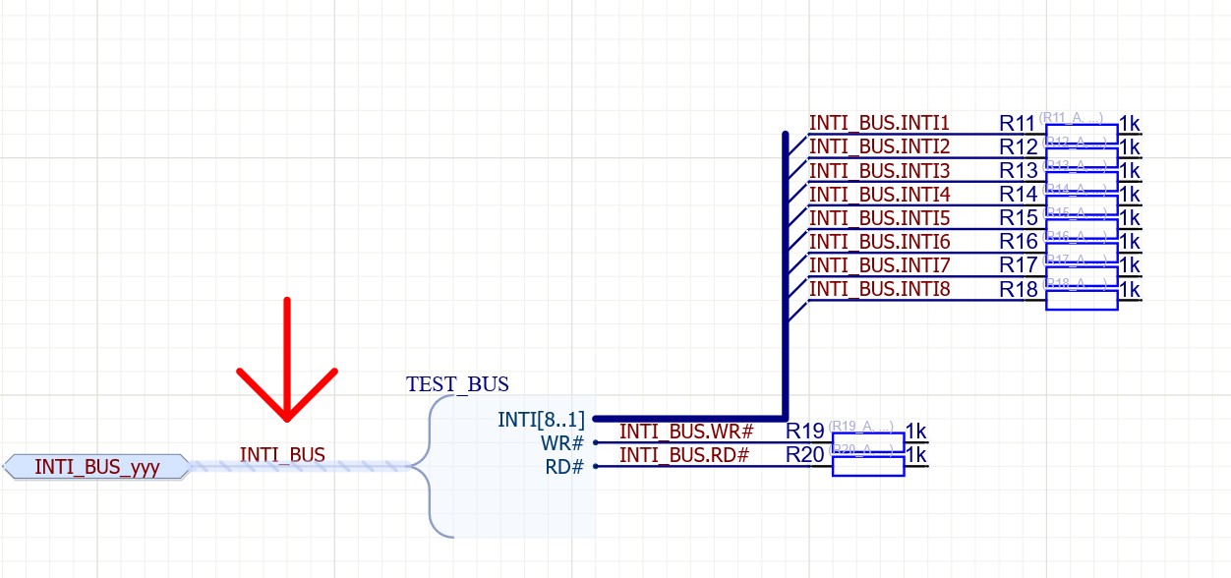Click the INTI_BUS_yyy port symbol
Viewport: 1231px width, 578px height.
tap(96, 467)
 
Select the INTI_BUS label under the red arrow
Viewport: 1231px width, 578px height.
tap(282, 455)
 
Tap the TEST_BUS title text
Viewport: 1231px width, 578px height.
tap(457, 384)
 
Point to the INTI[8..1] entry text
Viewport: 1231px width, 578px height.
tap(541, 420)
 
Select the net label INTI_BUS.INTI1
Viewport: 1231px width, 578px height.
tap(879, 123)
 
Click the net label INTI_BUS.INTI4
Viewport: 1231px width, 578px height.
tap(879, 195)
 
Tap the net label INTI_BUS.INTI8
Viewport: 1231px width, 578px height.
tap(879, 289)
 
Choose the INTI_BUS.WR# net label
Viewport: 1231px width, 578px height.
tap(686, 432)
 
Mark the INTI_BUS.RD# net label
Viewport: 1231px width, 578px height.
tap(684, 455)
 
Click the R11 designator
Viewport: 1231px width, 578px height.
tap(1018, 124)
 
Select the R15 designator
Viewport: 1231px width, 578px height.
tap(1018, 218)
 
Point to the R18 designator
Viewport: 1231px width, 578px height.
tap(1018, 290)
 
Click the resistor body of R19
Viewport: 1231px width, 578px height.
tap(868, 442)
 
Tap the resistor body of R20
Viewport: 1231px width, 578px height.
tap(868, 466)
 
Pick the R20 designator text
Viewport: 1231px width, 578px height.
tap(804, 455)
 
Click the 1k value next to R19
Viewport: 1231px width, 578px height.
tap(915, 432)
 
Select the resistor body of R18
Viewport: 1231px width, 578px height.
tap(1082, 300)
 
